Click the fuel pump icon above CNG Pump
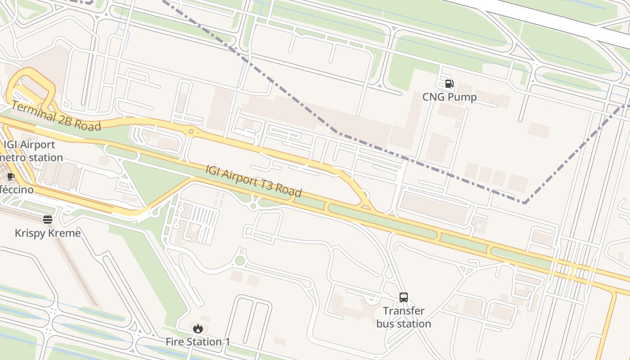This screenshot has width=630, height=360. [x=449, y=84]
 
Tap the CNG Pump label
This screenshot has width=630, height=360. [x=449, y=97]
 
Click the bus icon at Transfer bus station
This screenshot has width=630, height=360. [x=404, y=297]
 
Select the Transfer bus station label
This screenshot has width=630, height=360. [x=404, y=317]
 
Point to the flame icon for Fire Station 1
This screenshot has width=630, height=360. [x=198, y=329]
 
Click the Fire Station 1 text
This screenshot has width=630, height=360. [x=198, y=342]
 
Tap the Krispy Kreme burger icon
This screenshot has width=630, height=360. [x=48, y=220]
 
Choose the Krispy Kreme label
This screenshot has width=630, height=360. [x=48, y=233]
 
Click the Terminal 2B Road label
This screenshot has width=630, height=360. [x=56, y=116]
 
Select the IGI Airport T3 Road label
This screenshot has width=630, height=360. [x=253, y=181]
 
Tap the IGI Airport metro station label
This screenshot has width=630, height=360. [x=30, y=151]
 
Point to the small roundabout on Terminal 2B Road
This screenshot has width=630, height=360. [x=191, y=131]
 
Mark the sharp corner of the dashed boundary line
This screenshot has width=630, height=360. [x=524, y=202]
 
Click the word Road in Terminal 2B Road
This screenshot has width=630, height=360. [x=87, y=125]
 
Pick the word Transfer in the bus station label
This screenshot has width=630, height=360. [x=404, y=311]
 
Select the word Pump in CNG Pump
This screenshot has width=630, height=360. [x=463, y=97]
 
